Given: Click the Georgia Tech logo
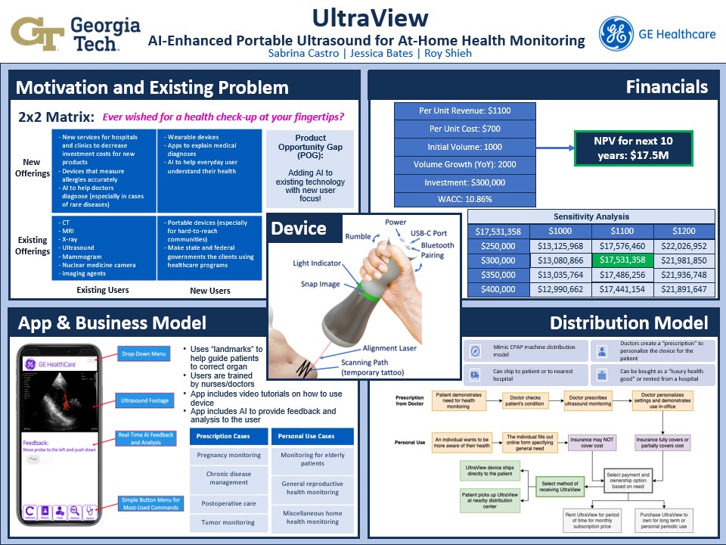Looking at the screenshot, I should (x=76, y=32).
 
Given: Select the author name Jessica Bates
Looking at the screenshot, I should (x=366, y=54).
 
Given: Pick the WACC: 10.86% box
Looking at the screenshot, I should (x=464, y=201).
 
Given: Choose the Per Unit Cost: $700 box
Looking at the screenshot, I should (x=464, y=129).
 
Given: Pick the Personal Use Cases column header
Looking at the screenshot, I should (x=312, y=437).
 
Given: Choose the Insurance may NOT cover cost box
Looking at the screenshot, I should (x=592, y=442).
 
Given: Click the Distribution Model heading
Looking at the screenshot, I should (x=628, y=323).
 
